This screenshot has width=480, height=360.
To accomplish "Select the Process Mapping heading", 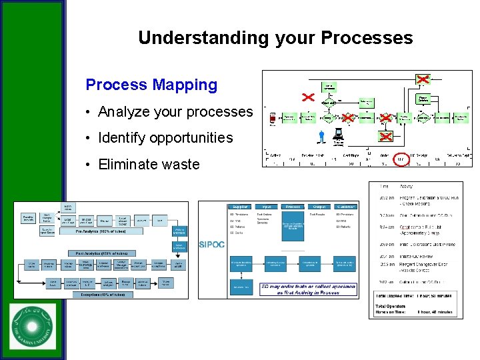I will [151, 85].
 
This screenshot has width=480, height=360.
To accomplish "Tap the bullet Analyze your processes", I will [175, 112].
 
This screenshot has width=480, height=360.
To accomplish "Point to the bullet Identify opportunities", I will [165, 138].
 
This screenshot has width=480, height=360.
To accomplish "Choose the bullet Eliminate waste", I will [149, 164].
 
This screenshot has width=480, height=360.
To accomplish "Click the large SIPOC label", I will [212, 245].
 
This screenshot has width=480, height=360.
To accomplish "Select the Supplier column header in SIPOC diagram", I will [241, 206].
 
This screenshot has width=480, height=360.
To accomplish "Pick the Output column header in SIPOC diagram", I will [319, 206].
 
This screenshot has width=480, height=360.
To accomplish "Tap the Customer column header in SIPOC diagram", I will [346, 206].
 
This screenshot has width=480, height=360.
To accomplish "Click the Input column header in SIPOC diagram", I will [267, 206].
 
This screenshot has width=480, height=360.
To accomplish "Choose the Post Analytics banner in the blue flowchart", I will [101, 253].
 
